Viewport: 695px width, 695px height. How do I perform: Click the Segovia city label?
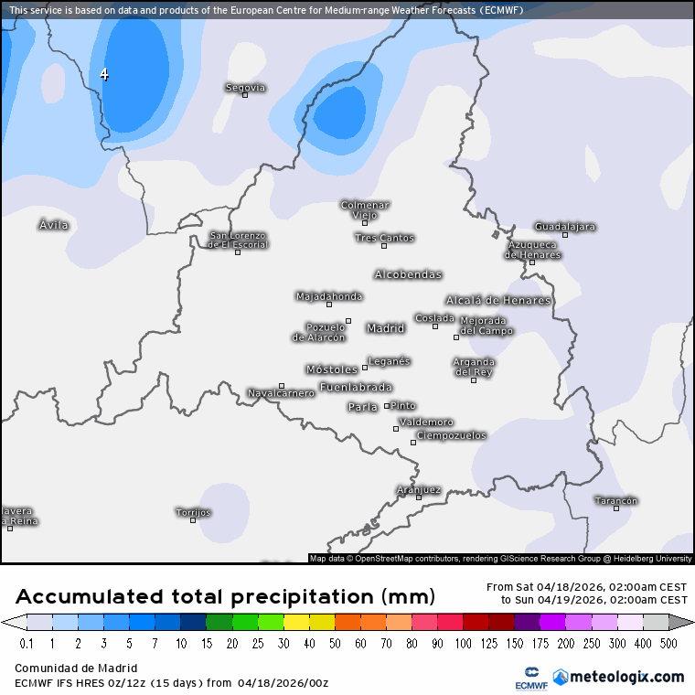coord(245,87)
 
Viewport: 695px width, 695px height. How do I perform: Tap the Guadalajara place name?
coord(564,226)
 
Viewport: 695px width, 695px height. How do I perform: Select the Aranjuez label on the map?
coord(419,489)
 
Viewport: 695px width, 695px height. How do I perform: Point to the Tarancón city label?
coord(615,500)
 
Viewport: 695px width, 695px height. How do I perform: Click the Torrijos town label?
coord(193,512)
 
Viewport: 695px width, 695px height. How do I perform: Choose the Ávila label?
coord(53,224)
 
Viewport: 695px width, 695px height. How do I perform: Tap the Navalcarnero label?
coord(281,393)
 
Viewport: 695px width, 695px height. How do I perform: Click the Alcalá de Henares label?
coord(498,300)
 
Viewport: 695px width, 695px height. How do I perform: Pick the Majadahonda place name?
coord(329,296)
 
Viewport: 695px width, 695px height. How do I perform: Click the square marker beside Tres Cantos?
coord(384,246)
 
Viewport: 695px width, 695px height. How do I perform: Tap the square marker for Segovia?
coord(245,95)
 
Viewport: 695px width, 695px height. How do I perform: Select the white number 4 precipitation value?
coord(104,74)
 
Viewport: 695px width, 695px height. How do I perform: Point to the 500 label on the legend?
coord(668,644)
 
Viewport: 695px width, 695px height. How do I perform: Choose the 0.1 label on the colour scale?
coord(26,644)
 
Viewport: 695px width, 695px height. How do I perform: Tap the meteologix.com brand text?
coord(626,677)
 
